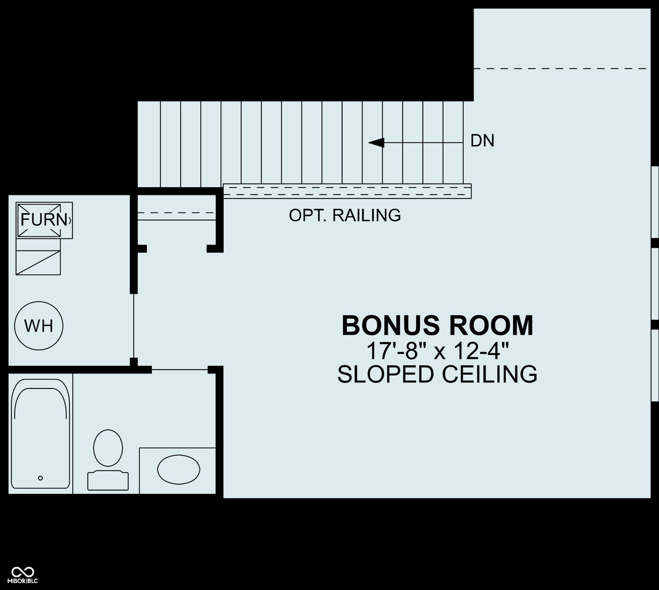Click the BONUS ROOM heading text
[x=438, y=325]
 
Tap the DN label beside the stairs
[x=482, y=141]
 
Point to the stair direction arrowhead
[x=376, y=143]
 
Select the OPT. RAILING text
[x=345, y=215]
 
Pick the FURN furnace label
[x=44, y=220]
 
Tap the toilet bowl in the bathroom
[x=108, y=448]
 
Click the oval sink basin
[x=179, y=469]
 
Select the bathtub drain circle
[x=40, y=478]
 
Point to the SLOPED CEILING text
[x=438, y=374]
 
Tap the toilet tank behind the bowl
[x=108, y=480]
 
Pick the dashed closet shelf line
[x=177, y=213]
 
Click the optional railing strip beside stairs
[x=347, y=191]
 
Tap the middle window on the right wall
[x=655, y=284]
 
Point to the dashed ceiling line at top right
[x=560, y=68]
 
